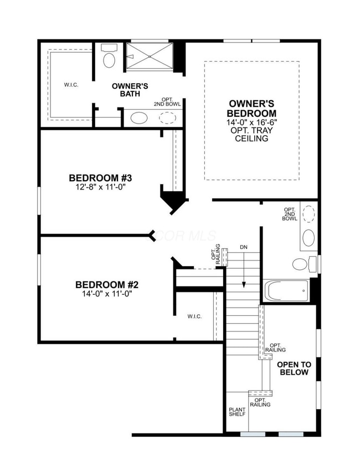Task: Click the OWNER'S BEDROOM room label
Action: coord(253,108)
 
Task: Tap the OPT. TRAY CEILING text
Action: coord(253,135)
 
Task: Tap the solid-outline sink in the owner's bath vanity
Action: coord(139,118)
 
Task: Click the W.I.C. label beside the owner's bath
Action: coord(71,85)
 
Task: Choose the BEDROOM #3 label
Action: coord(100,178)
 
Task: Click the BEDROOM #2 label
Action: coord(106,285)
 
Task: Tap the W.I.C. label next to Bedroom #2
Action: coord(194,316)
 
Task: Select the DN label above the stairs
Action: coord(244,247)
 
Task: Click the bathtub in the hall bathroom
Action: coord(286,290)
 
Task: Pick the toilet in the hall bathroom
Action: coord(302,264)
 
